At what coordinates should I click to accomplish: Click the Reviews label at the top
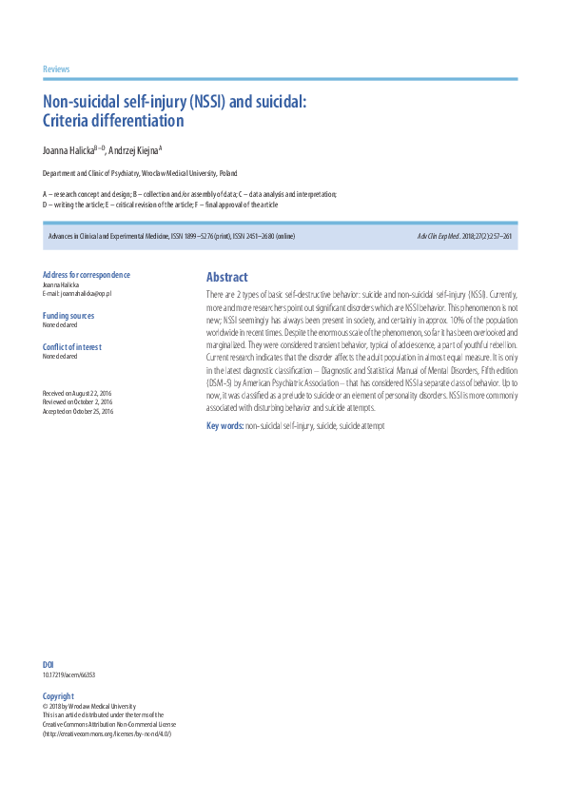[x=56, y=69]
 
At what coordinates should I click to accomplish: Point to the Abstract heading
[x=226, y=278]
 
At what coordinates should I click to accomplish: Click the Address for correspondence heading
[x=87, y=275]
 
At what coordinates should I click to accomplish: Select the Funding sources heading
[x=68, y=315]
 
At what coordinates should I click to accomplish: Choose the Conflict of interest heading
[x=72, y=347]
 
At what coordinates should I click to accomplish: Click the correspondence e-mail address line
[x=78, y=294]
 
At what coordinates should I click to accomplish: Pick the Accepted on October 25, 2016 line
[x=78, y=411]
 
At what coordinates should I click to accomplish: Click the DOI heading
[x=49, y=664]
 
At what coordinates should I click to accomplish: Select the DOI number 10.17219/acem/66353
[x=68, y=674]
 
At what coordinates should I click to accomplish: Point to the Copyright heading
[x=58, y=696]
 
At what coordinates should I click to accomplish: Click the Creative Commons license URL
[x=107, y=733]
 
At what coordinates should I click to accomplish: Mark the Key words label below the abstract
[x=224, y=425]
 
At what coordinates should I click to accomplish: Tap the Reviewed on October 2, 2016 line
[x=78, y=402]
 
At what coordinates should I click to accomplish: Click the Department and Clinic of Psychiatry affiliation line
[x=140, y=174]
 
